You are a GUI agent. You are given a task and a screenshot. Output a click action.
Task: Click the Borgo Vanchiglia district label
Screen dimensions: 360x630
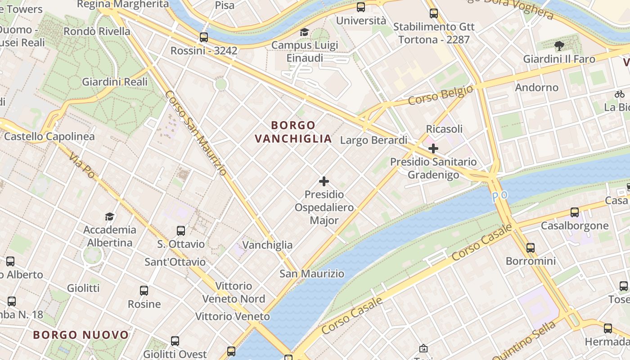point(293,132)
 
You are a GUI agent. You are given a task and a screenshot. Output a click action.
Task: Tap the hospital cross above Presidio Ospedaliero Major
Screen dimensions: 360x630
point(324,181)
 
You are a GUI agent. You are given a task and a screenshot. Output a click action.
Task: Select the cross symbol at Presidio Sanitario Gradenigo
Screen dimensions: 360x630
point(433,148)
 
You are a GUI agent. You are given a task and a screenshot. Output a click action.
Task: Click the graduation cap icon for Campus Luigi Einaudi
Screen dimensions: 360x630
point(304,32)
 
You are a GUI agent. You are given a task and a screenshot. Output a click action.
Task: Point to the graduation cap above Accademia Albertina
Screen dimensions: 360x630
point(109,217)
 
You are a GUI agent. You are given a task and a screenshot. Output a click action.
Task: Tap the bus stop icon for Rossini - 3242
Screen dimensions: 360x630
point(204,37)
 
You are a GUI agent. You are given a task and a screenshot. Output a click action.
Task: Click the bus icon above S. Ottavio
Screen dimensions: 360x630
point(181,231)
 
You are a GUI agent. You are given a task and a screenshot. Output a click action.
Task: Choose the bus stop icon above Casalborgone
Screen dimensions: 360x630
point(575,212)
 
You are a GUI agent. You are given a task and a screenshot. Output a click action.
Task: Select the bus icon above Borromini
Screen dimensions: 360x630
point(531,247)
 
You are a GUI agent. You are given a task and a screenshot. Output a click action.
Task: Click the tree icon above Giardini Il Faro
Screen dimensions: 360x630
point(559,45)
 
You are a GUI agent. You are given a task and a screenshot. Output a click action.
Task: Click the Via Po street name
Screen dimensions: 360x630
point(82,164)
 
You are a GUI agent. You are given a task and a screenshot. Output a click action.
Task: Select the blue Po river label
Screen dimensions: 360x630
point(499,197)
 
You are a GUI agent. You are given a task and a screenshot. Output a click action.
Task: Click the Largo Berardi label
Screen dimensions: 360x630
point(373,140)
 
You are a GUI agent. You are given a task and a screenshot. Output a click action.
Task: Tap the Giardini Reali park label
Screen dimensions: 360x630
point(115,82)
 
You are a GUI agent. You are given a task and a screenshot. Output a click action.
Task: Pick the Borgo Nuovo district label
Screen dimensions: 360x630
point(81,335)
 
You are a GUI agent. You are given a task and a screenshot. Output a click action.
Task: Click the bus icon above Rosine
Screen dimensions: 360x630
point(144,291)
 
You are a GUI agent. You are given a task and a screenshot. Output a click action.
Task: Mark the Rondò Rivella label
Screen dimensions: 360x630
point(97,31)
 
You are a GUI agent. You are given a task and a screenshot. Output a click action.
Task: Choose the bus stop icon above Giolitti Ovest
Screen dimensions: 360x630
point(175,341)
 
